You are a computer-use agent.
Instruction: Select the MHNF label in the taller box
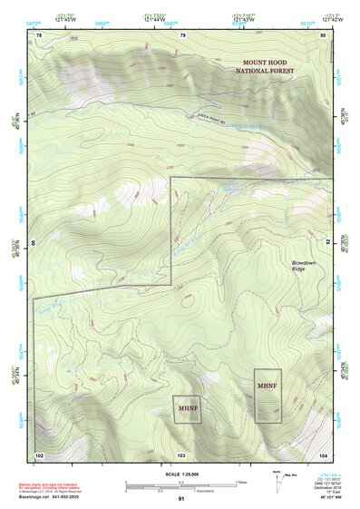pos(268,387)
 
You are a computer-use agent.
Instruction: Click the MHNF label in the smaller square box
pos(187,408)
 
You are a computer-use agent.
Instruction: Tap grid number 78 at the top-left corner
pos(39,35)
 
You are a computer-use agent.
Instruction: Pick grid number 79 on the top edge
pos(183,35)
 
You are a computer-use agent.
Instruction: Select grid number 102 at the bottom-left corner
pos(39,454)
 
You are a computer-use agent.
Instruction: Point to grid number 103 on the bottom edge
pos(181,454)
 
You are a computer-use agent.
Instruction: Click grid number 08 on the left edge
pos(35,243)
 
